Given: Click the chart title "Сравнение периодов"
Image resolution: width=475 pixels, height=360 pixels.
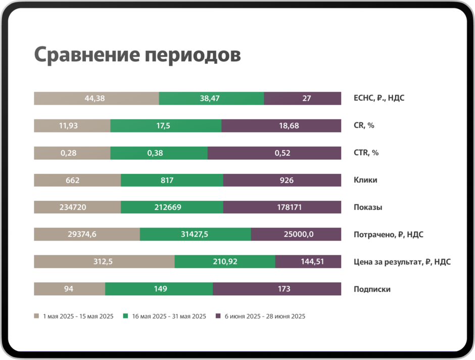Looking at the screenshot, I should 137,56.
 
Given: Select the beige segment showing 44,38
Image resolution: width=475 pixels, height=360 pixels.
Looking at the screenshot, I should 96,99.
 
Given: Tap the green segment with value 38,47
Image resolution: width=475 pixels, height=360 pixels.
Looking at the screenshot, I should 211,99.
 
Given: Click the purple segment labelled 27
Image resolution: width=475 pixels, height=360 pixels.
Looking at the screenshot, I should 302,99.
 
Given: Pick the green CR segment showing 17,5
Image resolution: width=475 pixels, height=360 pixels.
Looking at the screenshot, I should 166,126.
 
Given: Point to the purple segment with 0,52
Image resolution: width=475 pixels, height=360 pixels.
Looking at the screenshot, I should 274,153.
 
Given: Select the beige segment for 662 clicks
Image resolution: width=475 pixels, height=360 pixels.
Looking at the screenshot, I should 77,181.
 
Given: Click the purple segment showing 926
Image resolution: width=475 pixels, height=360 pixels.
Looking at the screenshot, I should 282,181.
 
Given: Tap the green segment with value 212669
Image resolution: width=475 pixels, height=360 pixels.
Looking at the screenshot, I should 172,208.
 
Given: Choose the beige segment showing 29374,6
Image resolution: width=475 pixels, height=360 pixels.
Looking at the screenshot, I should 87,235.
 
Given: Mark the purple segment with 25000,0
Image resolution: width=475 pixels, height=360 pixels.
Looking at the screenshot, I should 296,235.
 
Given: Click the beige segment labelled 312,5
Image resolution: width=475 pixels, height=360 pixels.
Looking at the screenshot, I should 104,262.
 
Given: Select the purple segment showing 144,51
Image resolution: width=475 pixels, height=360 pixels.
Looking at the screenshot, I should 308,262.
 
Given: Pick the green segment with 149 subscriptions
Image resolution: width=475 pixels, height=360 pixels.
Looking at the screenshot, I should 159,289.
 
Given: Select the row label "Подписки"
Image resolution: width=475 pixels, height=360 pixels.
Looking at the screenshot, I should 372,289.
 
